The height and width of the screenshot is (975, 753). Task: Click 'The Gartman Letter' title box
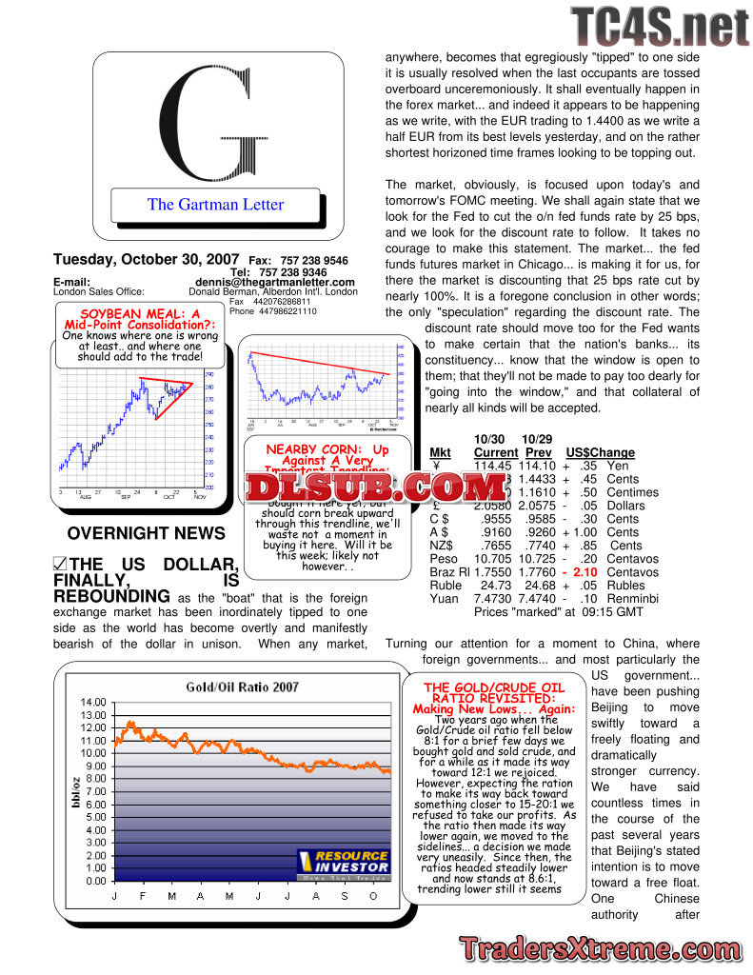click(x=215, y=204)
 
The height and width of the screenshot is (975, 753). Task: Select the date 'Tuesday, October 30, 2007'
click(x=147, y=260)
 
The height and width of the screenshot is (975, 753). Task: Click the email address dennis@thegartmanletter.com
click(x=274, y=282)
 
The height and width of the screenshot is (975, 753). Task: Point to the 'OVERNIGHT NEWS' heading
click(x=147, y=533)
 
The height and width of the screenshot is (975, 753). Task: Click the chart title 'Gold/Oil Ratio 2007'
click(x=242, y=686)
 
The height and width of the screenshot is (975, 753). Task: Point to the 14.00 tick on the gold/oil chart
click(x=93, y=703)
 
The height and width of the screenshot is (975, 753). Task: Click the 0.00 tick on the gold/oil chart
click(x=96, y=881)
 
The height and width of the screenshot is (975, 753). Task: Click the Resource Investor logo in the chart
click(x=343, y=861)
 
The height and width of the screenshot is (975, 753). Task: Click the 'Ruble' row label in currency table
click(x=446, y=586)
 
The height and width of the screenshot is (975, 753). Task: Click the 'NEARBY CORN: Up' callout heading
click(x=327, y=448)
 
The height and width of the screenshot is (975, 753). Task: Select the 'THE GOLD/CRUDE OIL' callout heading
click(x=493, y=687)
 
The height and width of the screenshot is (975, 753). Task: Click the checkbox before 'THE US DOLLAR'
click(x=60, y=565)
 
